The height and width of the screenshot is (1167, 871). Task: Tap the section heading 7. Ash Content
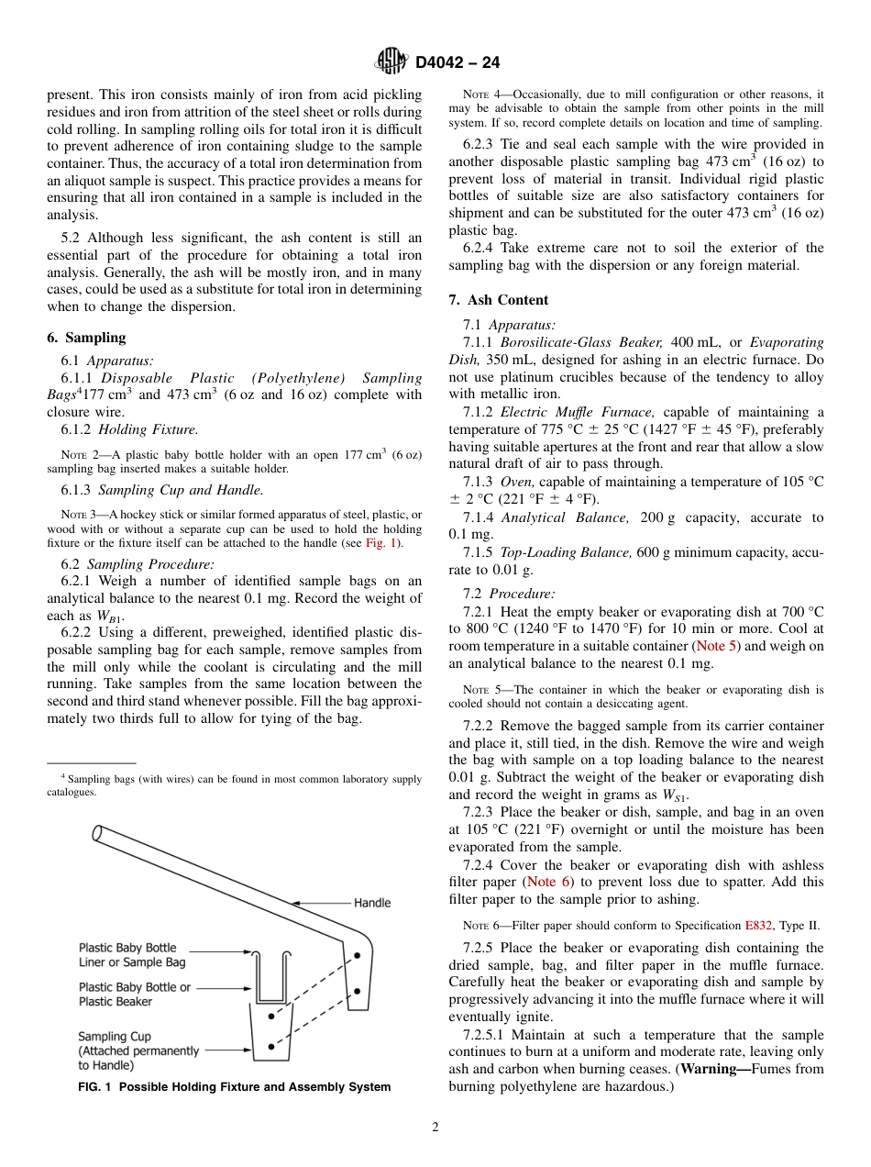(499, 300)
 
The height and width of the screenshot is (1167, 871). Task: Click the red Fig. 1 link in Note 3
(380, 543)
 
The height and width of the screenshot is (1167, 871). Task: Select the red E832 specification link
(758, 926)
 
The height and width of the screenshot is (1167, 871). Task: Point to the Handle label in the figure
(372, 903)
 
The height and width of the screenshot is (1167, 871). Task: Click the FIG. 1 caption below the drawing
(235, 1087)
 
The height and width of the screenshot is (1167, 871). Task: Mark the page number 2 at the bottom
(435, 1128)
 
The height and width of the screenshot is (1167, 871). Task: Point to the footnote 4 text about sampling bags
(234, 785)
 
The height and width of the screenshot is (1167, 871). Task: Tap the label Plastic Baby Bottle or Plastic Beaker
(135, 995)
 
